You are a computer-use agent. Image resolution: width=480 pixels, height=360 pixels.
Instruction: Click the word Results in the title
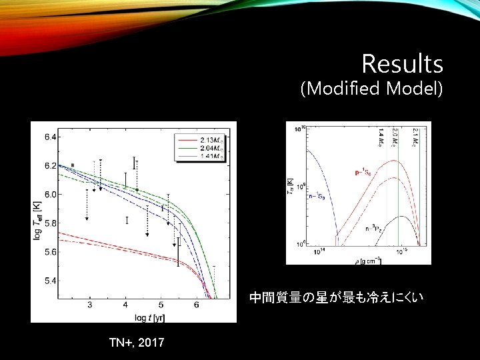click(x=402, y=64)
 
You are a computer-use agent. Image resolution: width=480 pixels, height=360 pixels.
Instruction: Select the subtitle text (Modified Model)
click(x=371, y=88)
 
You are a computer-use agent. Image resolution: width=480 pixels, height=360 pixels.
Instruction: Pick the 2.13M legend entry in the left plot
click(x=213, y=139)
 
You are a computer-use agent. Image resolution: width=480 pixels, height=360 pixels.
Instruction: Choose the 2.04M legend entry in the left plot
click(x=213, y=147)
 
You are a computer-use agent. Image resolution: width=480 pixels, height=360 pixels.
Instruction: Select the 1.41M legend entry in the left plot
click(x=213, y=155)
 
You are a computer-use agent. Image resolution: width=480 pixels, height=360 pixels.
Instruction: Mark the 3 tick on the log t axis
click(x=90, y=305)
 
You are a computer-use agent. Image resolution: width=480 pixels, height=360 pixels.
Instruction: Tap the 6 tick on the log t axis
click(x=196, y=305)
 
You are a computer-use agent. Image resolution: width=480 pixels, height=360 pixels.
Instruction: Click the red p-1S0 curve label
click(x=364, y=172)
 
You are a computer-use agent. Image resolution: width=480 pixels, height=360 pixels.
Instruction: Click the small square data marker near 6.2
click(x=73, y=165)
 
